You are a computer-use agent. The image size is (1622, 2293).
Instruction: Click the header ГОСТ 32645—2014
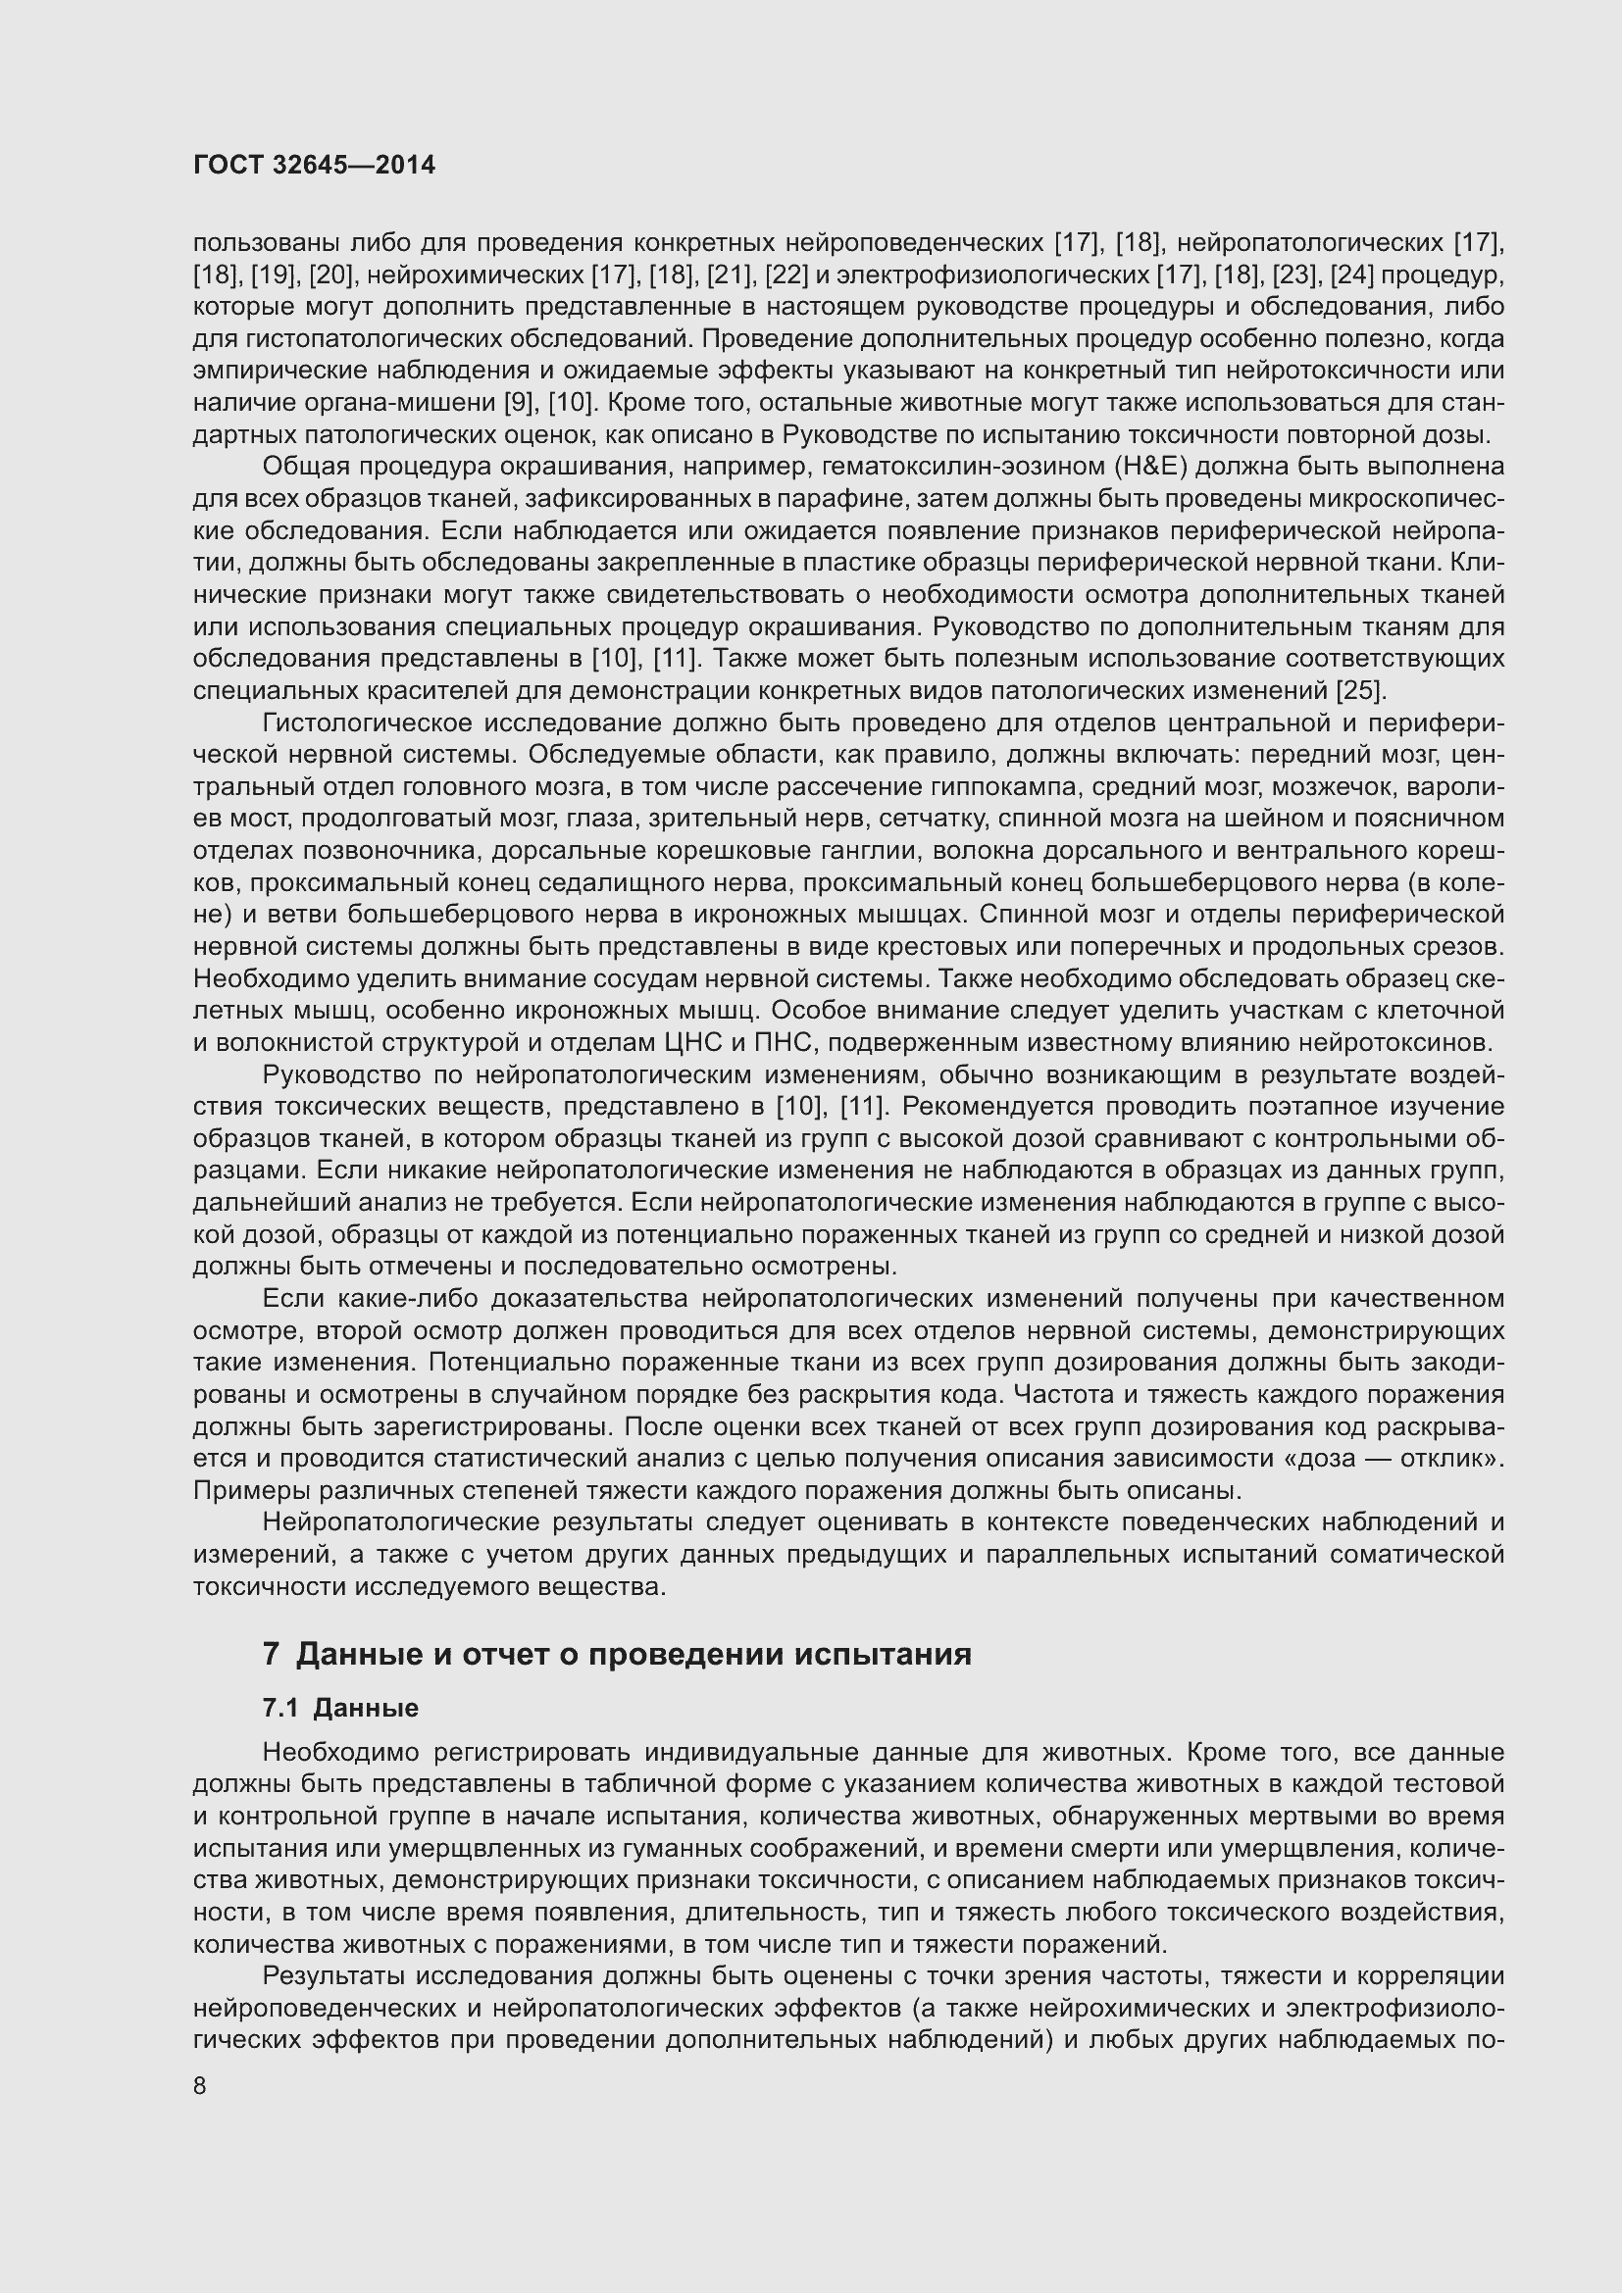[314, 166]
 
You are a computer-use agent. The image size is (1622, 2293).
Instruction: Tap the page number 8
[200, 2086]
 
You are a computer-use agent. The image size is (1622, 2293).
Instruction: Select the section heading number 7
[270, 1655]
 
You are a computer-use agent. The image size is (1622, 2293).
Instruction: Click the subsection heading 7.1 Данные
[340, 1708]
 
